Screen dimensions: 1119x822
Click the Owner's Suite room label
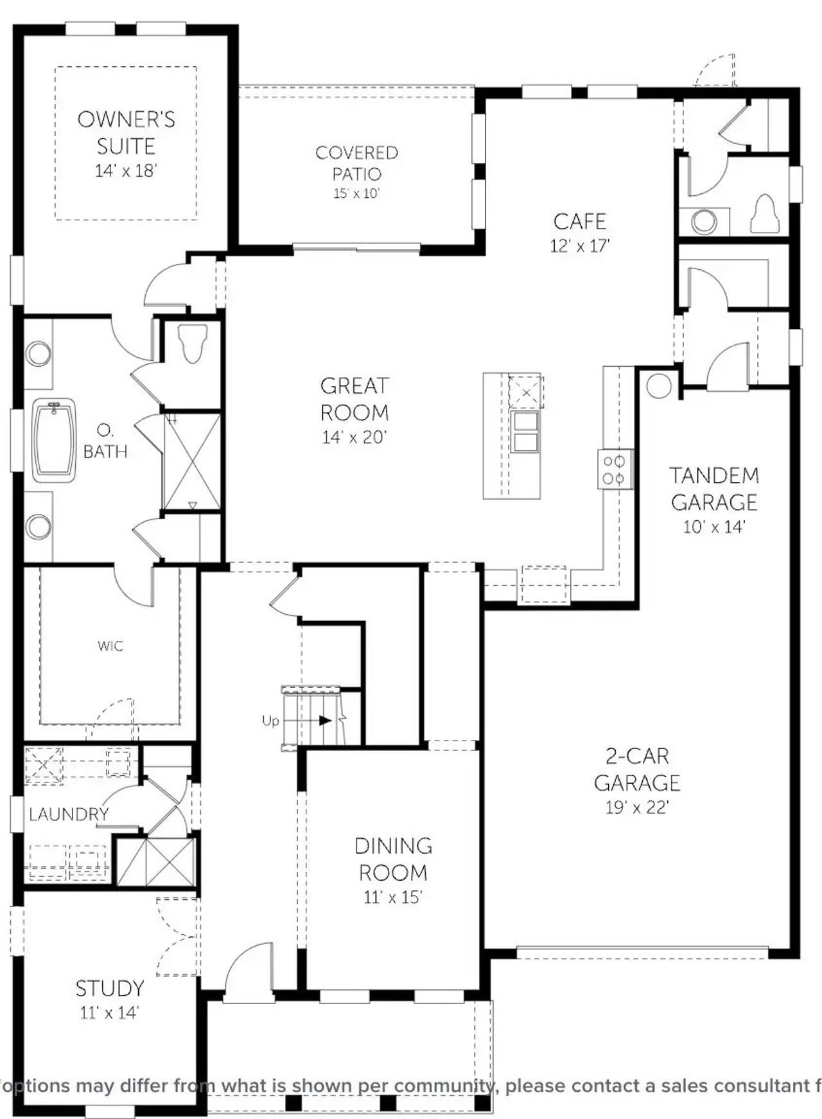click(126, 132)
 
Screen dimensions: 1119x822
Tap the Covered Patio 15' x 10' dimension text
click(356, 193)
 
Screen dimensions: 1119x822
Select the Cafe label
click(579, 222)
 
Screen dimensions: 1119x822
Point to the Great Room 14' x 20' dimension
click(354, 437)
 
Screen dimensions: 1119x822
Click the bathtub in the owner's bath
click(54, 440)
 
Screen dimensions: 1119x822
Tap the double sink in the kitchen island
click(525, 432)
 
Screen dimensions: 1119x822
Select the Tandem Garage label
click(714, 488)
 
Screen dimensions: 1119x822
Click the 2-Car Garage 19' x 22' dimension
click(637, 807)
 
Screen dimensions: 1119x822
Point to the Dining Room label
click(393, 859)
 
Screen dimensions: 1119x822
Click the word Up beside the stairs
click(270, 721)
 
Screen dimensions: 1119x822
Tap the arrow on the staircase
click(324, 720)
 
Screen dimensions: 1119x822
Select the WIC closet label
click(110, 646)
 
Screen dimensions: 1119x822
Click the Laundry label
click(69, 815)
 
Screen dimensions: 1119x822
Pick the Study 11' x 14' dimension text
click(109, 1013)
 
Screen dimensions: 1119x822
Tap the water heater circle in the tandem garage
click(658, 386)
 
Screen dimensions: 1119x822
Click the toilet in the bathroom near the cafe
click(764, 214)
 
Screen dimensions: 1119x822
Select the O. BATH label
click(105, 441)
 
